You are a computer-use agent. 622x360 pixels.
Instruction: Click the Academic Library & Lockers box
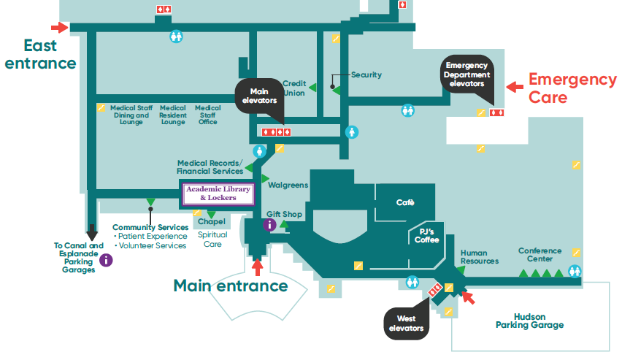click(x=218, y=194)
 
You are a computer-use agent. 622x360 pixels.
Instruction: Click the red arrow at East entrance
click(x=64, y=28)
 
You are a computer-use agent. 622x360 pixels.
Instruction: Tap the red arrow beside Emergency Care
click(x=515, y=87)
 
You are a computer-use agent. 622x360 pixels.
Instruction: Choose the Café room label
click(x=405, y=202)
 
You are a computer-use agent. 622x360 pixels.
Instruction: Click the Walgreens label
click(x=288, y=185)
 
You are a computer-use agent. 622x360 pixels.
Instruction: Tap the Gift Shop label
click(x=284, y=214)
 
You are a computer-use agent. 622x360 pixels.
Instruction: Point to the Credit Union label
click(x=294, y=88)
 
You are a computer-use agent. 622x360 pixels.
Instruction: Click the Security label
click(x=366, y=74)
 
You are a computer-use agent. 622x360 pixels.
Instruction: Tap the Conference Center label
click(x=540, y=255)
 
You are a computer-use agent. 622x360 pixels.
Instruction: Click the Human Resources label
click(x=480, y=257)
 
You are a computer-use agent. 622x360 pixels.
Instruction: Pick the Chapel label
click(x=211, y=221)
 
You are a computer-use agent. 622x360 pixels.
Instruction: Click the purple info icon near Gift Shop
click(x=269, y=225)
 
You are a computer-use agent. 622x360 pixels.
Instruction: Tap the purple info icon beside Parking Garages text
click(x=106, y=259)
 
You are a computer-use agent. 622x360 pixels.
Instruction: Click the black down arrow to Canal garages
click(x=92, y=233)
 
